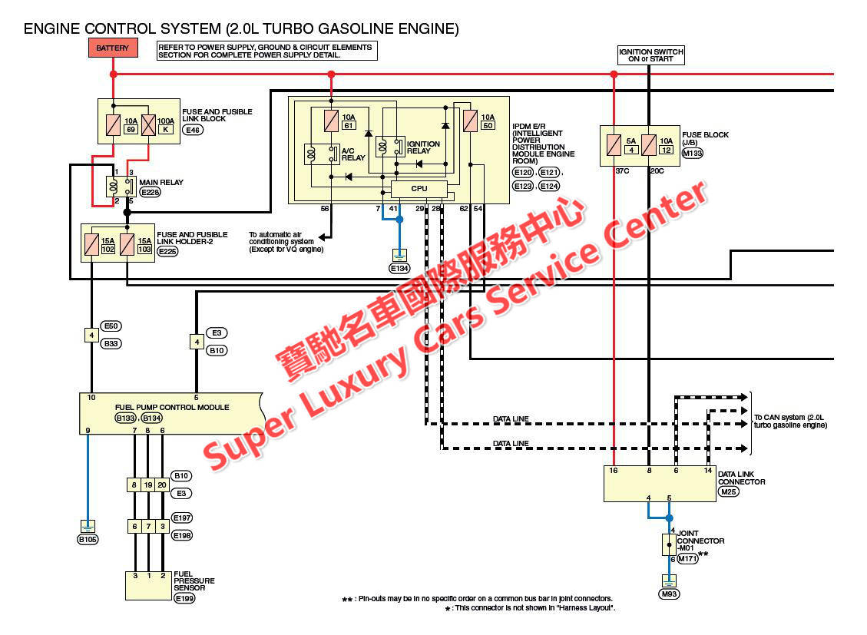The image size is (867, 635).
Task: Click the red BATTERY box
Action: click(112, 48)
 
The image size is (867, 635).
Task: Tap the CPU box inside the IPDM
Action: click(419, 188)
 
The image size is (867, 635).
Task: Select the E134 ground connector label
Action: click(399, 269)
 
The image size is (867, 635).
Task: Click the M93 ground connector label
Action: click(669, 594)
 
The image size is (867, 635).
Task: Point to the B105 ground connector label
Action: click(88, 539)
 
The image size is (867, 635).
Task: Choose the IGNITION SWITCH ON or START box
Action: click(650, 55)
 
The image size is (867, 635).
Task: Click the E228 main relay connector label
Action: click(150, 192)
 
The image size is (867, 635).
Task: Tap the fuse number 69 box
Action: click(131, 129)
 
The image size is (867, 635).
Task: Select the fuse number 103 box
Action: click(144, 250)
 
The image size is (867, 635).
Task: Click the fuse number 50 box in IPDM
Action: click(488, 125)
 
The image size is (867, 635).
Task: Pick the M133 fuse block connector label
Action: click(692, 153)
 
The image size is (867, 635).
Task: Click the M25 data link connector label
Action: click(729, 491)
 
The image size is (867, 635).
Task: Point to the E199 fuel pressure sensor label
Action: click(184, 598)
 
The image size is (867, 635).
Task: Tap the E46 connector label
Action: click(193, 130)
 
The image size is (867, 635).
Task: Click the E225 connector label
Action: click(167, 251)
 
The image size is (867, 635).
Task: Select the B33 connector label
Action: click(111, 343)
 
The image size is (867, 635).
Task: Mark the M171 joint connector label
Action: click(687, 559)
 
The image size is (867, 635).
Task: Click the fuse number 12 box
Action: click(667, 150)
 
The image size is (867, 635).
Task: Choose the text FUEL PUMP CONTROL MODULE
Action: click(172, 407)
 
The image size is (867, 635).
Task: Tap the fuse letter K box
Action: click(165, 129)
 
